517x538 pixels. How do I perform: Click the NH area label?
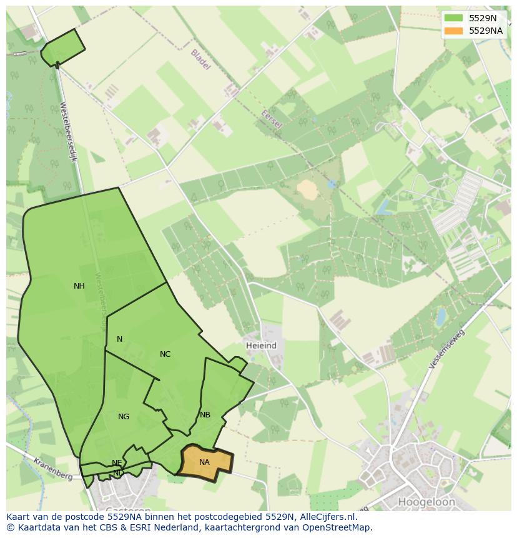click(79, 286)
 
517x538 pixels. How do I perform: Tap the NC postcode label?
click(165, 354)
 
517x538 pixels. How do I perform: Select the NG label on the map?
click(124, 417)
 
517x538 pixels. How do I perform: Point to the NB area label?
click(205, 415)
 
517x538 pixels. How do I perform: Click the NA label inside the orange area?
click(204, 462)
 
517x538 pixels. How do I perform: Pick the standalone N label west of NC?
click(119, 339)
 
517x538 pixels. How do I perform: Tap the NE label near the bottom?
click(117, 463)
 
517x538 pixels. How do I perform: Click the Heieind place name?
click(261, 346)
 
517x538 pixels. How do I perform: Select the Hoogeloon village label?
click(426, 502)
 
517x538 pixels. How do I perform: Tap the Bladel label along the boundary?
click(200, 59)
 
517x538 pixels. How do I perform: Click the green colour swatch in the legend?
click(454, 18)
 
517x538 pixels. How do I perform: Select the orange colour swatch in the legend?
click(454, 31)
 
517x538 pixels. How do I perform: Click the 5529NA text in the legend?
click(486, 31)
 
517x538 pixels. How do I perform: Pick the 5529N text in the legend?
click(483, 18)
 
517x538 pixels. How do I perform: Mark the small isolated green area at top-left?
click(62, 47)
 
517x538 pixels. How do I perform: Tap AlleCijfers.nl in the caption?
click(328, 517)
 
